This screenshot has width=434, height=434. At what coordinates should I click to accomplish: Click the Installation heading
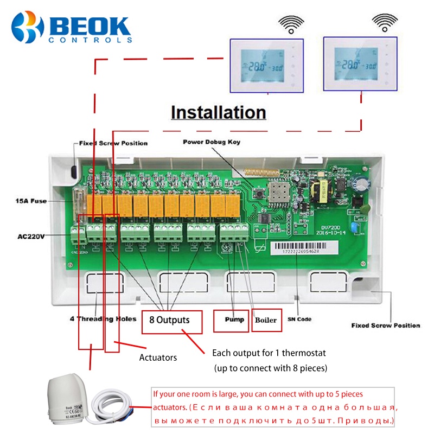[x=218, y=112]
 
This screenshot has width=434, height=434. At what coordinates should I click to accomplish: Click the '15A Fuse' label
[x=30, y=201]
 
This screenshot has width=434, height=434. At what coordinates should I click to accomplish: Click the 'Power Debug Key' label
[x=211, y=143]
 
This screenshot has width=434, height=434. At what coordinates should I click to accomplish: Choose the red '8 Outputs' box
[x=172, y=322]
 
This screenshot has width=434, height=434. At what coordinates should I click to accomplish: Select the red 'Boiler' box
[x=266, y=320]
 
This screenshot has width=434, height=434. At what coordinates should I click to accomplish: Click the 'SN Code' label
[x=299, y=320]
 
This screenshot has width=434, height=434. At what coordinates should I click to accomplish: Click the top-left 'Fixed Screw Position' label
[x=113, y=143]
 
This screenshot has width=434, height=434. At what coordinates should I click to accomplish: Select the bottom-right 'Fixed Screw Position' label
[x=385, y=325]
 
